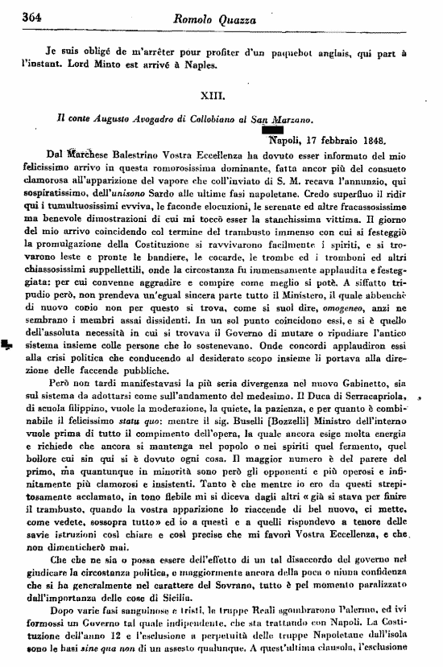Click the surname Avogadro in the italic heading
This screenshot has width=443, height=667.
click(x=139, y=117)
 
